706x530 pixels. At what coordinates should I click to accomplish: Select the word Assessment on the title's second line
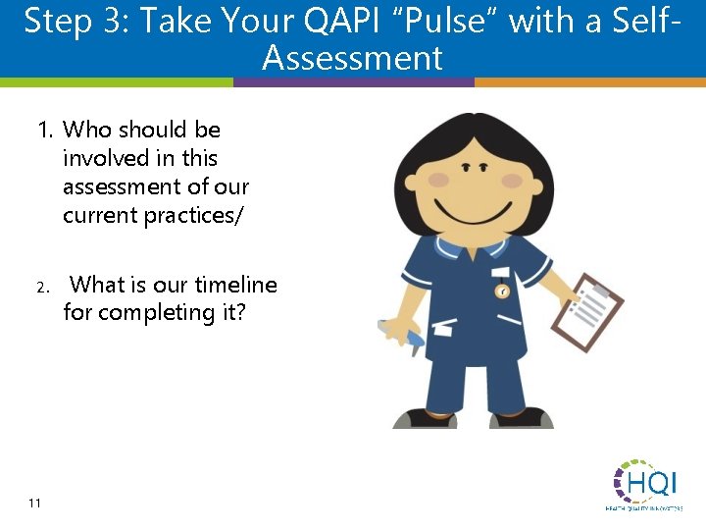click(x=352, y=58)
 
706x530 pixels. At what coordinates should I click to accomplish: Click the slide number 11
click(x=34, y=503)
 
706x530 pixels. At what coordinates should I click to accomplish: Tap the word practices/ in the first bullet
click(x=194, y=215)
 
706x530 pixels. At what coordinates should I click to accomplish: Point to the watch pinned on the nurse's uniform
click(x=502, y=291)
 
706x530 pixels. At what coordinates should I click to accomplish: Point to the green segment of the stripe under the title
click(x=117, y=83)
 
